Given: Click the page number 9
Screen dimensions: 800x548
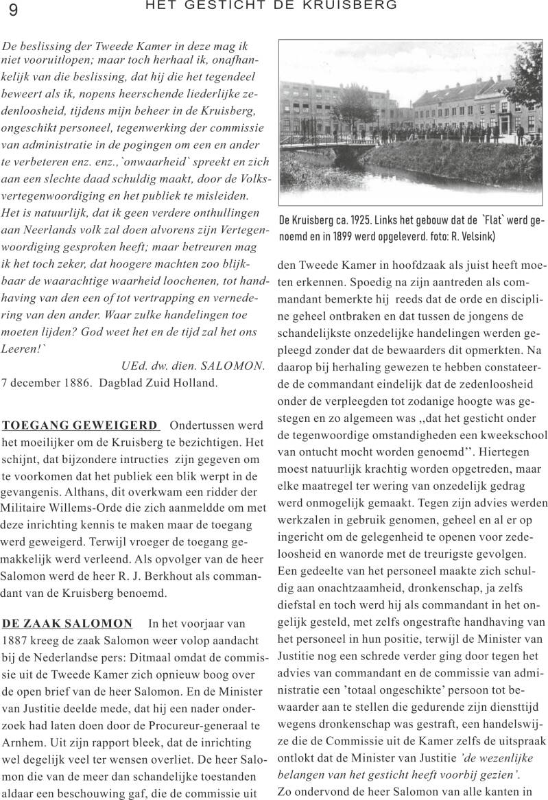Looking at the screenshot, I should pyautogui.click(x=14, y=10).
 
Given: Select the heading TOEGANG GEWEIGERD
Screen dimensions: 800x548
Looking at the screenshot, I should pyautogui.click(x=80, y=425).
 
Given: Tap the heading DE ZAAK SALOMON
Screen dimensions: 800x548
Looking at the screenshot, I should pyautogui.click(x=67, y=623).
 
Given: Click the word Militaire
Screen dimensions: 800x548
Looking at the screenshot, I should pyautogui.click(x=25, y=507).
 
